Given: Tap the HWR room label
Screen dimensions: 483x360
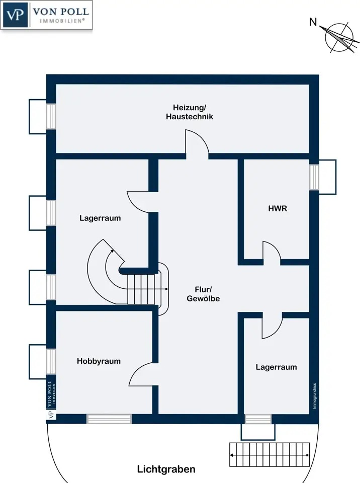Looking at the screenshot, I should [277, 208].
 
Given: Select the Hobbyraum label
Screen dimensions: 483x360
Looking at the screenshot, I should [99, 361].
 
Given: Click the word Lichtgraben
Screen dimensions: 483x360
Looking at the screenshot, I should [166, 469].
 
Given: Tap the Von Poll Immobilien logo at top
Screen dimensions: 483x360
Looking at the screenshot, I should [47, 16].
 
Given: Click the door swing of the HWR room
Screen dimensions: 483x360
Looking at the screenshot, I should [271, 251].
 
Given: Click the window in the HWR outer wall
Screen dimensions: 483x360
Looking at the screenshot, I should [314, 177].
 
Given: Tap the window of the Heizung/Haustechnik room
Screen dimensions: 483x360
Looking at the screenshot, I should [51, 116].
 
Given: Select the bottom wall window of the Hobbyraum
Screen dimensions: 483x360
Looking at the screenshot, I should [109, 419].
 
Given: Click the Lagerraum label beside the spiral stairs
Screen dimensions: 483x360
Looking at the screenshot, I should [100, 218].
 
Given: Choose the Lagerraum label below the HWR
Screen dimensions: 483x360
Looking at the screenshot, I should [276, 367].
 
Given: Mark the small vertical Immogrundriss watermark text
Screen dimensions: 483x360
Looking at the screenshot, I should [315, 395].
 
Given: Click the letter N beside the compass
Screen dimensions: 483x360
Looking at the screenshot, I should [313, 22].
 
